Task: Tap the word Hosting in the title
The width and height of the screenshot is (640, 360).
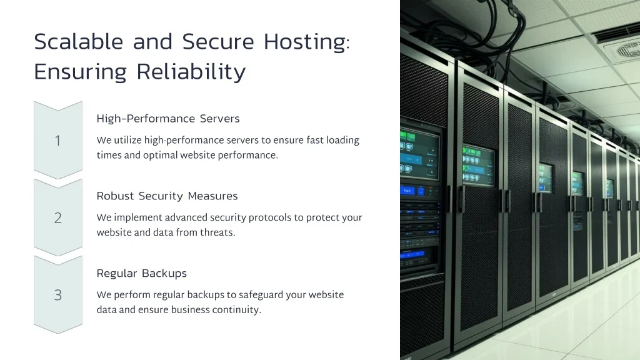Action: [x=305, y=42]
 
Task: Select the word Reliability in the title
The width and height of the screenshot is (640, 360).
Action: [x=191, y=72]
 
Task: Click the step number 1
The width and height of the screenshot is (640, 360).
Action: [x=57, y=141]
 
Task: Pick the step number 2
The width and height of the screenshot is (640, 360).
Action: [x=57, y=218]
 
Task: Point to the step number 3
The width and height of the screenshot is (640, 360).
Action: [x=57, y=296]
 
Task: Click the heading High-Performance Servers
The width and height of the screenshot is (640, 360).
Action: [x=168, y=119]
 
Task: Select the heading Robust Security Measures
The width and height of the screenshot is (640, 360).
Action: [x=167, y=196]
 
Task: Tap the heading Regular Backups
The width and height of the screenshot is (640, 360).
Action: [x=141, y=274]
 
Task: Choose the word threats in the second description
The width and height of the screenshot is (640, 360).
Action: [x=217, y=232]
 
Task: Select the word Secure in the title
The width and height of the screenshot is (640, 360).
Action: [x=218, y=42]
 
